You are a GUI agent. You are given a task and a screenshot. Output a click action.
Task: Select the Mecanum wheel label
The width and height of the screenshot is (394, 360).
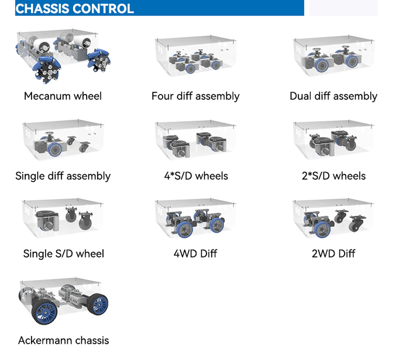click(63, 96)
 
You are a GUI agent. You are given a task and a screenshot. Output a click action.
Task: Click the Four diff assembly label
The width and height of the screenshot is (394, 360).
click(195, 96)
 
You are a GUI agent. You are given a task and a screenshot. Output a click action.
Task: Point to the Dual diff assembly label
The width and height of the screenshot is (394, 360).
click(333, 96)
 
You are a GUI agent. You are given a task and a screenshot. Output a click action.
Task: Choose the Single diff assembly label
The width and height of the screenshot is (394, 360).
click(63, 176)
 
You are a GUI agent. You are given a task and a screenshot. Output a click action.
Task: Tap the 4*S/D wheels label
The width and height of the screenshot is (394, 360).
click(196, 176)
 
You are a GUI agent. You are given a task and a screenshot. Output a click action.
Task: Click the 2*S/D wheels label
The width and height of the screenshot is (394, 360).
click(334, 176)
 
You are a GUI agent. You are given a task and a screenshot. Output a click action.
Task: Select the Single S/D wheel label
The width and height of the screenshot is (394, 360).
click(63, 254)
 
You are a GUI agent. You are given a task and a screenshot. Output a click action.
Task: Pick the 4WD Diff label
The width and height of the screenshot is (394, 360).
click(195, 254)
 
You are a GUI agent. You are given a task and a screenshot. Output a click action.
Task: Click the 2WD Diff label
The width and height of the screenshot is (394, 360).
click(334, 254)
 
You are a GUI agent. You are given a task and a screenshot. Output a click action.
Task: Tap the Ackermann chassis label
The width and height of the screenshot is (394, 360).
click(63, 340)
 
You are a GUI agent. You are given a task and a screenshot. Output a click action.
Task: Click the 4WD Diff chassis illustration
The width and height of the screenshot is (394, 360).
click(195, 218)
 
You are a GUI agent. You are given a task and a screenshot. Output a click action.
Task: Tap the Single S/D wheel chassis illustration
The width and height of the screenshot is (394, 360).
click(63, 218)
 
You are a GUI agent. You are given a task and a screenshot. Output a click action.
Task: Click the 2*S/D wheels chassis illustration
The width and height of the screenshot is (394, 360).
click(333, 141)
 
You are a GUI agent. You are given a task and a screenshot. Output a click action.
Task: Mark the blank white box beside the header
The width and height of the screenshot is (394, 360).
click(343, 8)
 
